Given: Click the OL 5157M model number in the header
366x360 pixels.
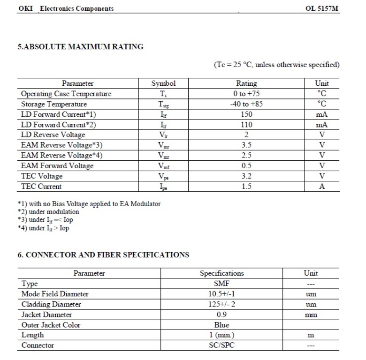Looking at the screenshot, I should point(322,8).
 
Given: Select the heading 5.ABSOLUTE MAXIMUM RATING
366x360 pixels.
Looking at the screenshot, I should point(80,46).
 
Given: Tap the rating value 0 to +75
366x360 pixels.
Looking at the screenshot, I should point(246,94).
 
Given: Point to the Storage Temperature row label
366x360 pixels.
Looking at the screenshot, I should point(54,104).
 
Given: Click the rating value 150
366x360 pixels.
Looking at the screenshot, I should point(246,114).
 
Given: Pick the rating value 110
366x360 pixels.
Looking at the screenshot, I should point(246,125).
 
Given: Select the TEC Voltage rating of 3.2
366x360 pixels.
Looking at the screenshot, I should point(246,176).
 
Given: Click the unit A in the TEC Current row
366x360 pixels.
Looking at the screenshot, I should point(322,187).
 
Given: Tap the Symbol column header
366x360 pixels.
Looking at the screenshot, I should point(163,83).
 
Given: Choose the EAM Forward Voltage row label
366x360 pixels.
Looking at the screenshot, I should point(57,166).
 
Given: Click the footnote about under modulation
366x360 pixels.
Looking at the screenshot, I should point(48,212).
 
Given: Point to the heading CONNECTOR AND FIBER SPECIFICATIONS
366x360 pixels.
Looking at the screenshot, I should point(103,255).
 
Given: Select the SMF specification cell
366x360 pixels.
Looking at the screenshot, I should point(221,284).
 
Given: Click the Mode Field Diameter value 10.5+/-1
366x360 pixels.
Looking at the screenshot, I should point(221,294).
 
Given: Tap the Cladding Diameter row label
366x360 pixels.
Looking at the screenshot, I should point(51,304).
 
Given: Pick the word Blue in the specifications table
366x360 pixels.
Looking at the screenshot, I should point(221,325).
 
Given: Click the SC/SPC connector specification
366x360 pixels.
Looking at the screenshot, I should point(221,345).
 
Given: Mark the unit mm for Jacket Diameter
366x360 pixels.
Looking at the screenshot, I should point(311,315).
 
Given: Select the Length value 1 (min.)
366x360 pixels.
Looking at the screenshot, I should point(221,335).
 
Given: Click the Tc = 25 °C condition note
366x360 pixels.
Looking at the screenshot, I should point(276,65).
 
